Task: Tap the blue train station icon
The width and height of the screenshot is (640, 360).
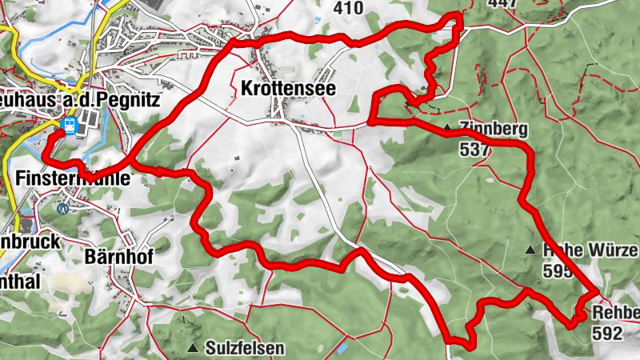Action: (70, 126)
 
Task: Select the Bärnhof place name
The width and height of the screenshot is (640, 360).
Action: (118, 255)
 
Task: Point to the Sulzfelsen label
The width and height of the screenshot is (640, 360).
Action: (244, 349)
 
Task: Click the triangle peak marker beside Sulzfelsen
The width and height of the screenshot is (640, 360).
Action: (193, 348)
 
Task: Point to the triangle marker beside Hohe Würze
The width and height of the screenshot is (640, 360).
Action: (529, 251)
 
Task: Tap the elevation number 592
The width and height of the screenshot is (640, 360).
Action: (608, 334)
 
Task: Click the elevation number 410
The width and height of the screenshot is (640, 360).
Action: (348, 8)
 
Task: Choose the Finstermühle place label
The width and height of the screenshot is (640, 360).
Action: (72, 179)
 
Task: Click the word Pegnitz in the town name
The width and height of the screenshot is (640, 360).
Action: (130, 100)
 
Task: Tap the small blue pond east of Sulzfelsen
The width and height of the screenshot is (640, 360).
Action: (342, 349)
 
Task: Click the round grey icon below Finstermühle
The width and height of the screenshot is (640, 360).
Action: (62, 206)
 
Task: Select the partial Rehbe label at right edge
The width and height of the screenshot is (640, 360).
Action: (616, 313)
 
